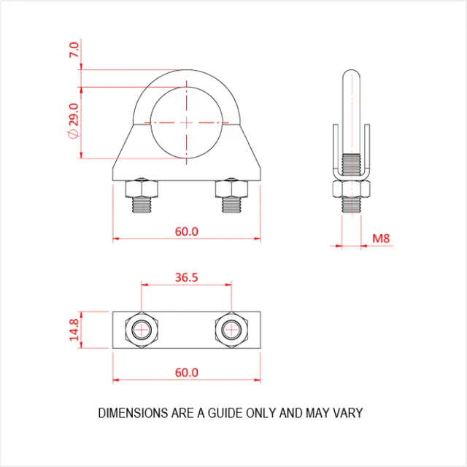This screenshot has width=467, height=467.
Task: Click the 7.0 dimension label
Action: click(x=74, y=50)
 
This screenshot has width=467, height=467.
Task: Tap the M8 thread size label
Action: click(x=381, y=238)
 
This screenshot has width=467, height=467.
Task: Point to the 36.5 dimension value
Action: click(x=187, y=277)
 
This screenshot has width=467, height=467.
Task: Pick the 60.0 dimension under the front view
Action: click(x=187, y=231)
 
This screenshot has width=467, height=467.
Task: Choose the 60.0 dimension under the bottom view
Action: click(x=187, y=372)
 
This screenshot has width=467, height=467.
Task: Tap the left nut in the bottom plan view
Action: click(x=141, y=331)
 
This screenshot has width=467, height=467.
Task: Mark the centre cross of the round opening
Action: click(x=187, y=121)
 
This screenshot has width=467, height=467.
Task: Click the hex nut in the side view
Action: click(x=352, y=190)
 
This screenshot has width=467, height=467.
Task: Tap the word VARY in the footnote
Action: click(x=349, y=413)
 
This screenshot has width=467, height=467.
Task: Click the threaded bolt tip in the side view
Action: click(x=352, y=207)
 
